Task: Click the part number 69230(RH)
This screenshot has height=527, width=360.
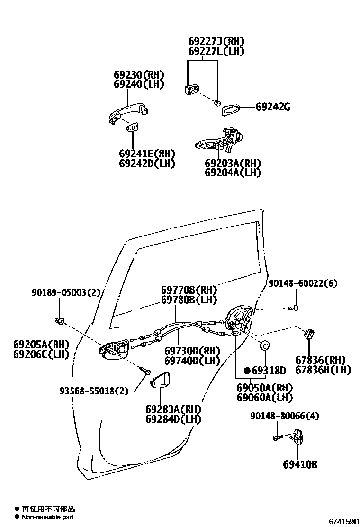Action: tap(138, 75)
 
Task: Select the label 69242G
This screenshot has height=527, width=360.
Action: tap(273, 107)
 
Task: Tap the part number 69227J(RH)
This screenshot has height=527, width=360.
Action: tap(216, 42)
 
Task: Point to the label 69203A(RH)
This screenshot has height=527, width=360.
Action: tap(233, 163)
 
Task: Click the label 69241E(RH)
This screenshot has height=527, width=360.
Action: tap(147, 154)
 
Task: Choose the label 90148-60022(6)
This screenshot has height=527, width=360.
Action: tap(303, 283)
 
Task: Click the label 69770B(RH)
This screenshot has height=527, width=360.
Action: tap(189, 290)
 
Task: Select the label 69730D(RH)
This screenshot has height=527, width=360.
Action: tap(192, 351)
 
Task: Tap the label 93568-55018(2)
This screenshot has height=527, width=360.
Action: tap(94, 391)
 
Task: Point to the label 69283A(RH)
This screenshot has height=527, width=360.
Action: tap(173, 409)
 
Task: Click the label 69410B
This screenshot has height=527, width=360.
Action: tap(300, 464)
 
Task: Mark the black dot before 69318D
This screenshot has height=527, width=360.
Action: tap(247, 370)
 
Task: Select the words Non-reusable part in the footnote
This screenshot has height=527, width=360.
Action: tap(47, 517)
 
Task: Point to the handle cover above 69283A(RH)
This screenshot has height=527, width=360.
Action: tap(160, 380)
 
